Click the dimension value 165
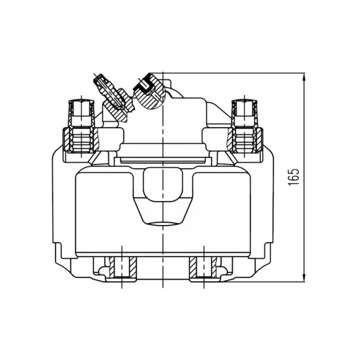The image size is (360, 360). point(294,177)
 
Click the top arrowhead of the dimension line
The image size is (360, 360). point(304,76)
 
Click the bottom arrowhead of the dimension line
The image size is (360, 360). point(304,278)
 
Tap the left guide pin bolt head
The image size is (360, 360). point(81,113)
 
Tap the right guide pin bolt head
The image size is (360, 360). point(244,113)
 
